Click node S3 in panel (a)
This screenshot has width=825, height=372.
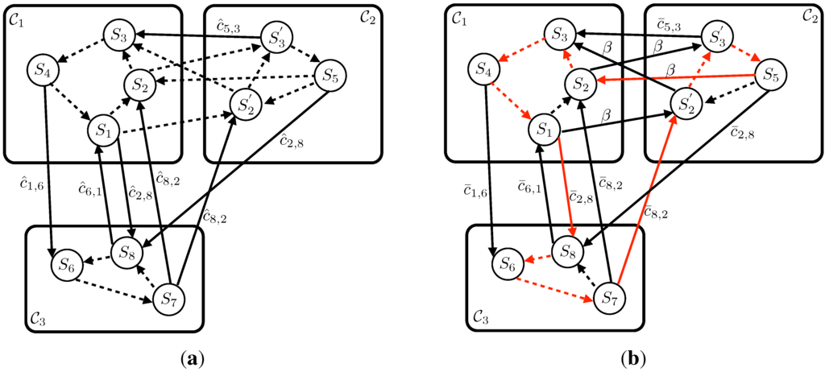(x=118, y=35)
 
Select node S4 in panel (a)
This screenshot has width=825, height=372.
(x=42, y=70)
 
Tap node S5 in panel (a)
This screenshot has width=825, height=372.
(x=329, y=77)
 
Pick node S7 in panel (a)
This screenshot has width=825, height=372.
(x=168, y=300)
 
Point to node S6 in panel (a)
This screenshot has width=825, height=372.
(x=66, y=263)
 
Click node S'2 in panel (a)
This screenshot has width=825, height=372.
(x=245, y=104)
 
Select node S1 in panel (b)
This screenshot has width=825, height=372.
(x=544, y=128)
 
